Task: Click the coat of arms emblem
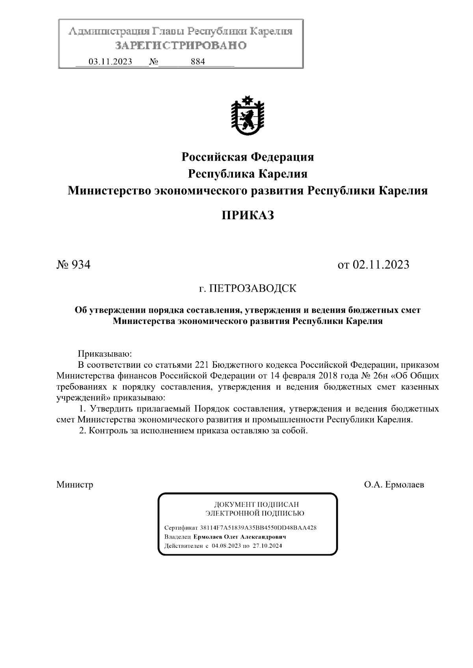pos(248,117)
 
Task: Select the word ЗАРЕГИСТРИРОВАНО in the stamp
pos(181,46)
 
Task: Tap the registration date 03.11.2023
pos(110,62)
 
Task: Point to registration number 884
pos(197,62)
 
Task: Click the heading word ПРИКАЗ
pos(247,216)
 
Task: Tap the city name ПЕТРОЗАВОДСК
pos(252,289)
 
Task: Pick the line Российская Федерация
pos(248,157)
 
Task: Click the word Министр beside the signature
pos(75,485)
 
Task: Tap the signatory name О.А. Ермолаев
pos(394,485)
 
